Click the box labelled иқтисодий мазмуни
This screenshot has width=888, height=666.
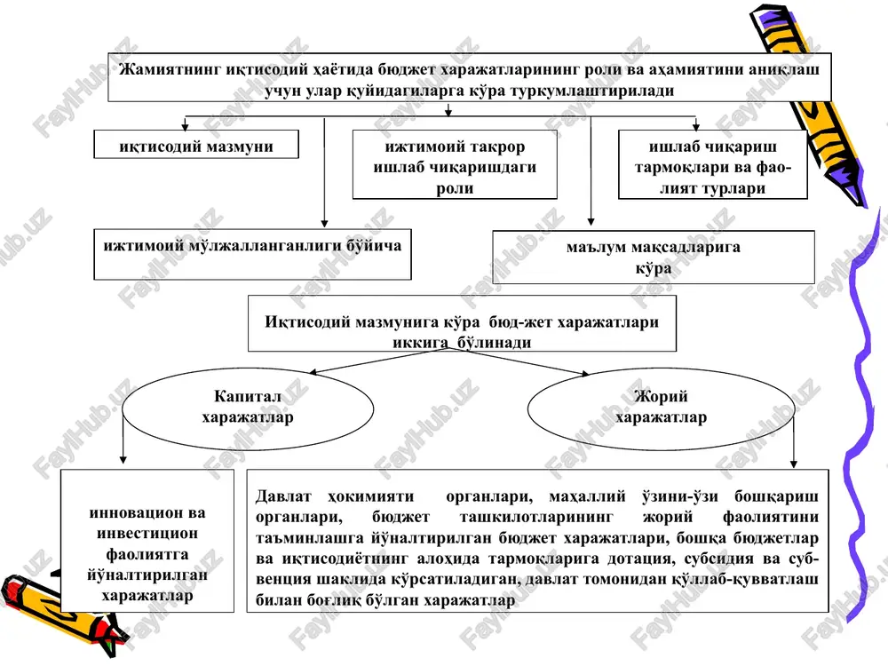coord(196,145)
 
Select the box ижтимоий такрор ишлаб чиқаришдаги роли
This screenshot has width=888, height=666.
coord(455,164)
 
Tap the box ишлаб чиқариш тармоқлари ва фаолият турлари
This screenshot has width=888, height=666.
coord(712,164)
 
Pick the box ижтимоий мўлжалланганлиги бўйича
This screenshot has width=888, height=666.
coord(252,254)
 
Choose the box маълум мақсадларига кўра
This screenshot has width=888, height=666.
coord(654,258)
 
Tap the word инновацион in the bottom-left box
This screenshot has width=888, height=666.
coord(147,512)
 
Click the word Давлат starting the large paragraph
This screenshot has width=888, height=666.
coord(283,496)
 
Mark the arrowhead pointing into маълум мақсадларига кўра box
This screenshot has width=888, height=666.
coord(591,222)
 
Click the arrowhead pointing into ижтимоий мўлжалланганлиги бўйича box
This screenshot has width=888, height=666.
coord(324,223)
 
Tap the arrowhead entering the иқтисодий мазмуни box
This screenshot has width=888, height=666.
coord(185,126)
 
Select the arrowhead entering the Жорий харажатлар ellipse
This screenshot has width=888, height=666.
coord(583,373)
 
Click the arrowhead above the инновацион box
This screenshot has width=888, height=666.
coord(123,460)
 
